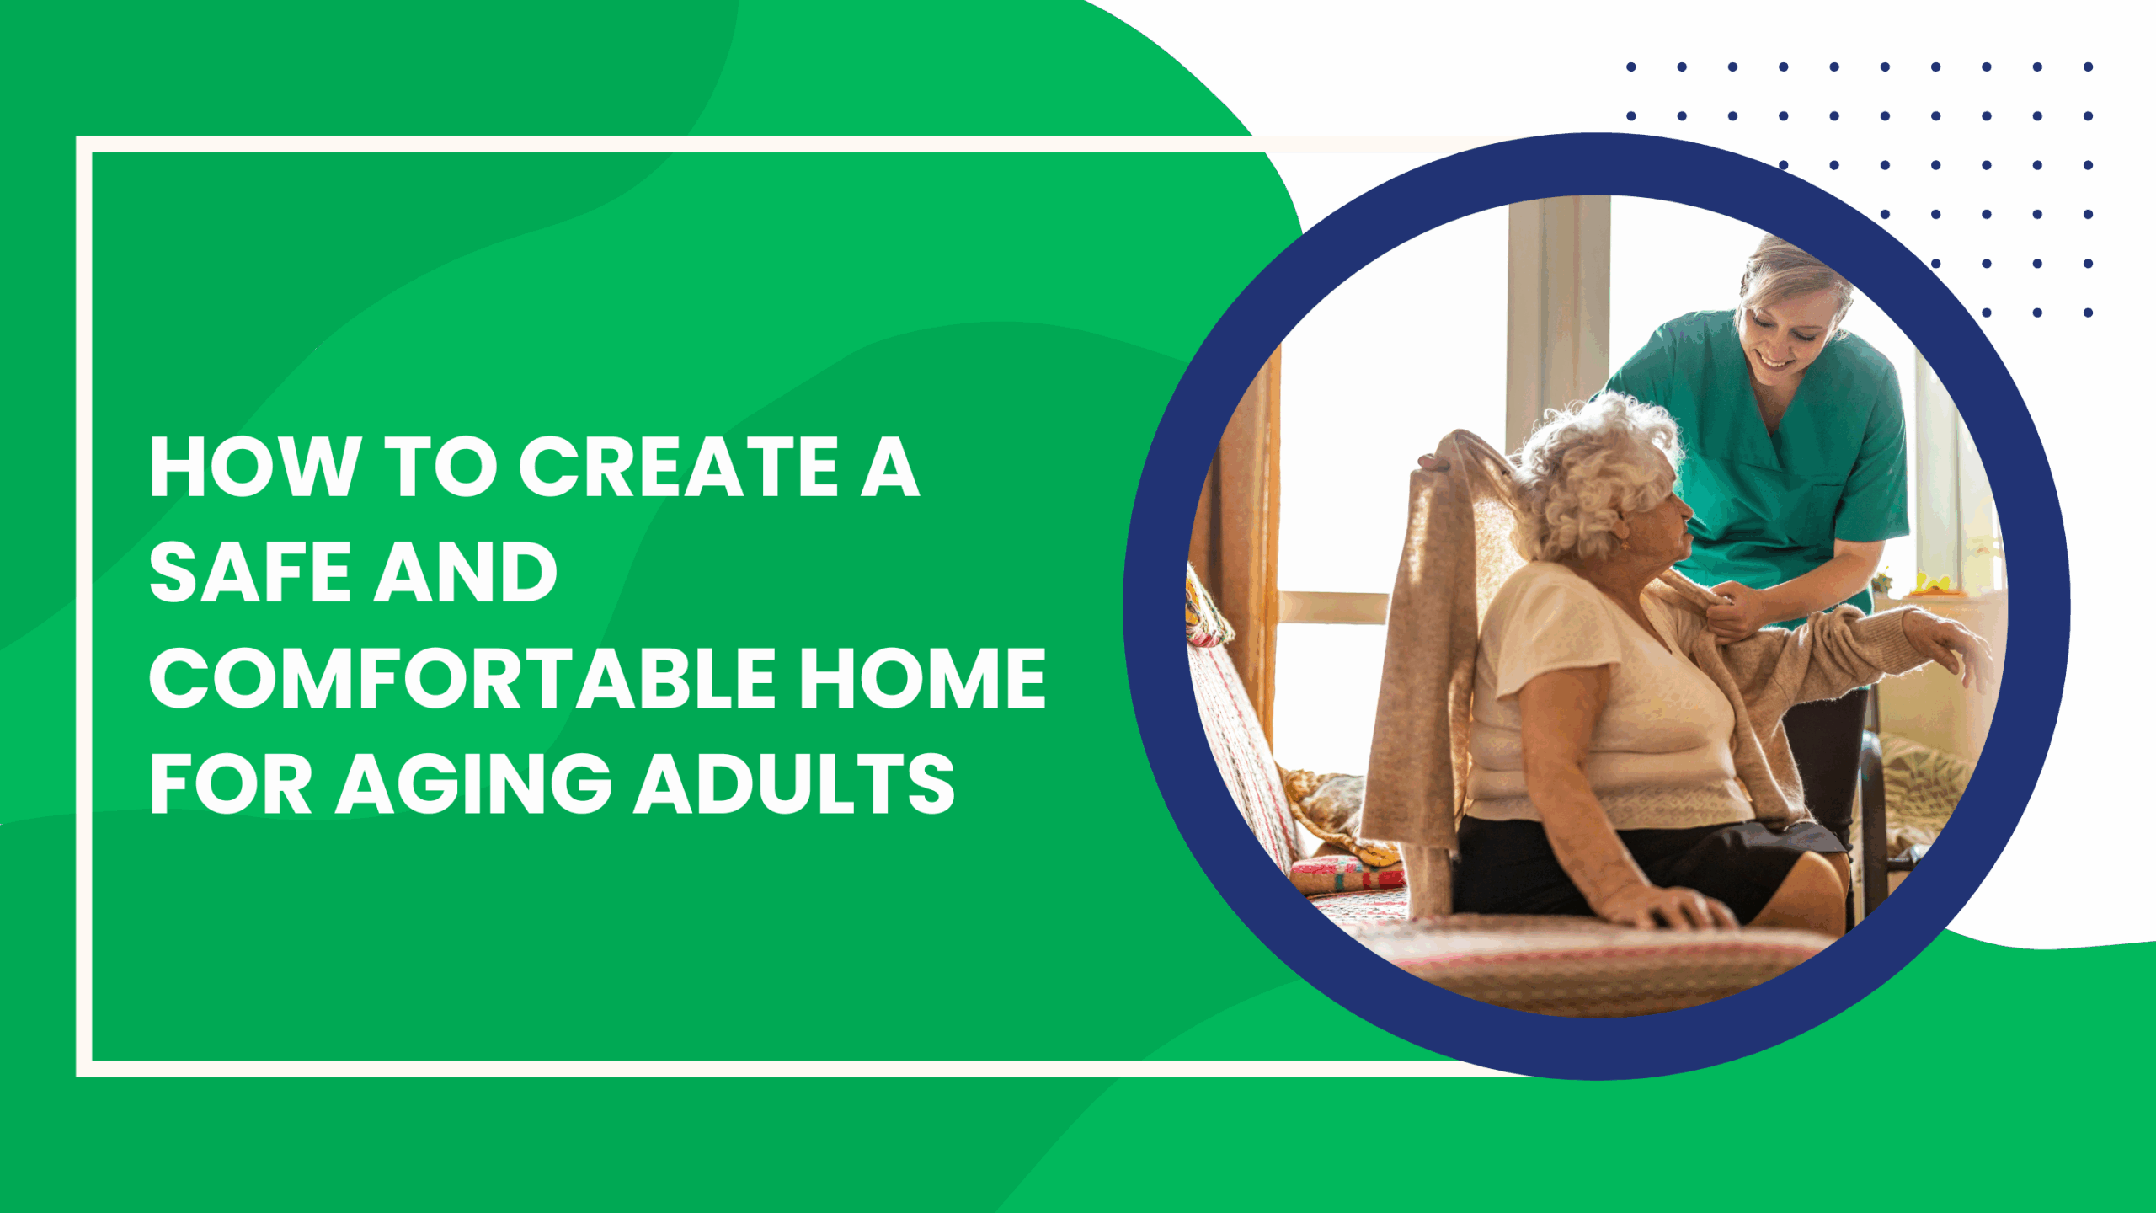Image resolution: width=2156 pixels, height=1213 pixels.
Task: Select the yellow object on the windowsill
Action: pyautogui.click(x=1937, y=581)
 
